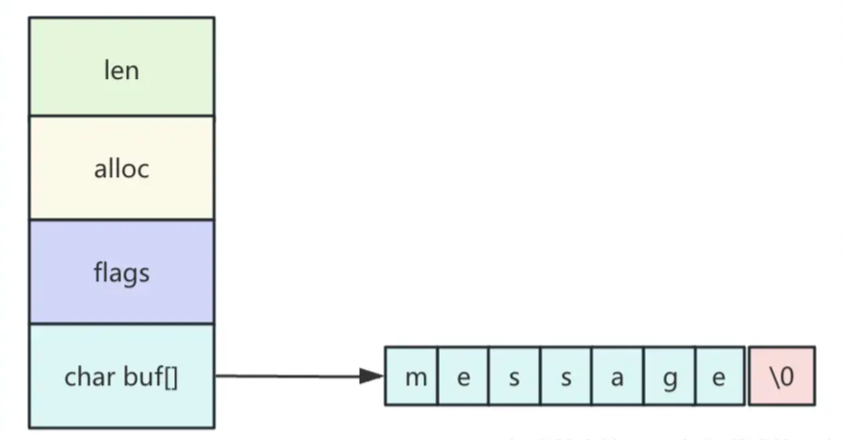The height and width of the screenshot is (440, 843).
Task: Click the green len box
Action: (121, 67)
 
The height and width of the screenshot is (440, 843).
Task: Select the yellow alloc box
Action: (121, 168)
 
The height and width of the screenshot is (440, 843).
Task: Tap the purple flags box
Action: (121, 272)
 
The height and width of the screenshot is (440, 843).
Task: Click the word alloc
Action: (121, 169)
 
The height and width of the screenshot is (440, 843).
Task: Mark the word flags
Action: (121, 273)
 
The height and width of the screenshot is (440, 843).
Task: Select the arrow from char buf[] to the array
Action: (289, 375)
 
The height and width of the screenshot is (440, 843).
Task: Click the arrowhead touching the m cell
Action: (372, 375)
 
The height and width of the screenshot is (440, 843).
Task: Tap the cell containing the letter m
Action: (412, 375)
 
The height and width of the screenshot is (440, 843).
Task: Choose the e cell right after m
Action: (463, 375)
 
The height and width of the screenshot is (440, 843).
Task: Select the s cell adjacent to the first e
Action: (514, 375)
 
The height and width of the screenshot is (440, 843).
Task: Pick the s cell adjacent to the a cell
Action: (566, 375)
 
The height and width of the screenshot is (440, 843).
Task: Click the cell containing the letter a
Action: (617, 375)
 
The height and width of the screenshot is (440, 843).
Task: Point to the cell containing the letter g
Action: (669, 375)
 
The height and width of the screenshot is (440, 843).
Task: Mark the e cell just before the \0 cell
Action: (718, 375)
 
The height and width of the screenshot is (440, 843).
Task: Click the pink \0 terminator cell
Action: (781, 375)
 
